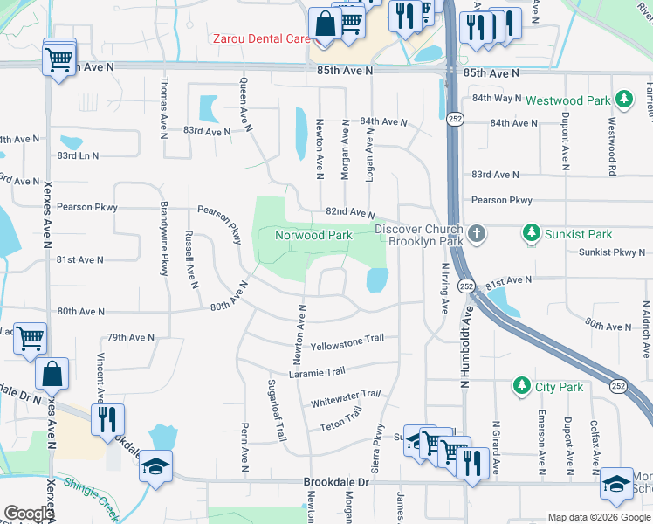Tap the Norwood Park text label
tap(313, 235)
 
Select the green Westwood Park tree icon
tap(623, 100)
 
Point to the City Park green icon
tap(521, 385)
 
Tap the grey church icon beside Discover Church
tap(476, 233)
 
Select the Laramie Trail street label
tap(325, 371)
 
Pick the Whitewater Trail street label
tap(347, 398)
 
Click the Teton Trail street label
tap(341, 422)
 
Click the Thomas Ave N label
tap(163, 105)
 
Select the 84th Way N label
tap(496, 100)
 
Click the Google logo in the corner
tap(28, 513)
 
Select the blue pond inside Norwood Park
tap(377, 279)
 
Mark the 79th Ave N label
tap(130, 337)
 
